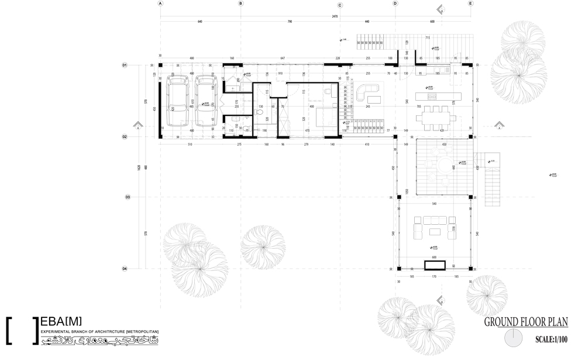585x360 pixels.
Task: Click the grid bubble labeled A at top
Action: [x=160, y=4]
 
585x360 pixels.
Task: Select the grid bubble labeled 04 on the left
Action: [x=125, y=269]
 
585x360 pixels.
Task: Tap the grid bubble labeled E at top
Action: [x=470, y=4]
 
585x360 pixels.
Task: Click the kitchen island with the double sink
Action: [x=426, y=95]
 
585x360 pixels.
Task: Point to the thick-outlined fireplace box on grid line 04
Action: [x=435, y=265]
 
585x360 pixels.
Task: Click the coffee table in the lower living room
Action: [x=435, y=232]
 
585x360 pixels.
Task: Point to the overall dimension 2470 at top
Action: [x=334, y=16]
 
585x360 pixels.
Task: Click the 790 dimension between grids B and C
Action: [x=289, y=22]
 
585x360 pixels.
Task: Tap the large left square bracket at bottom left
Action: [x=9, y=330]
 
